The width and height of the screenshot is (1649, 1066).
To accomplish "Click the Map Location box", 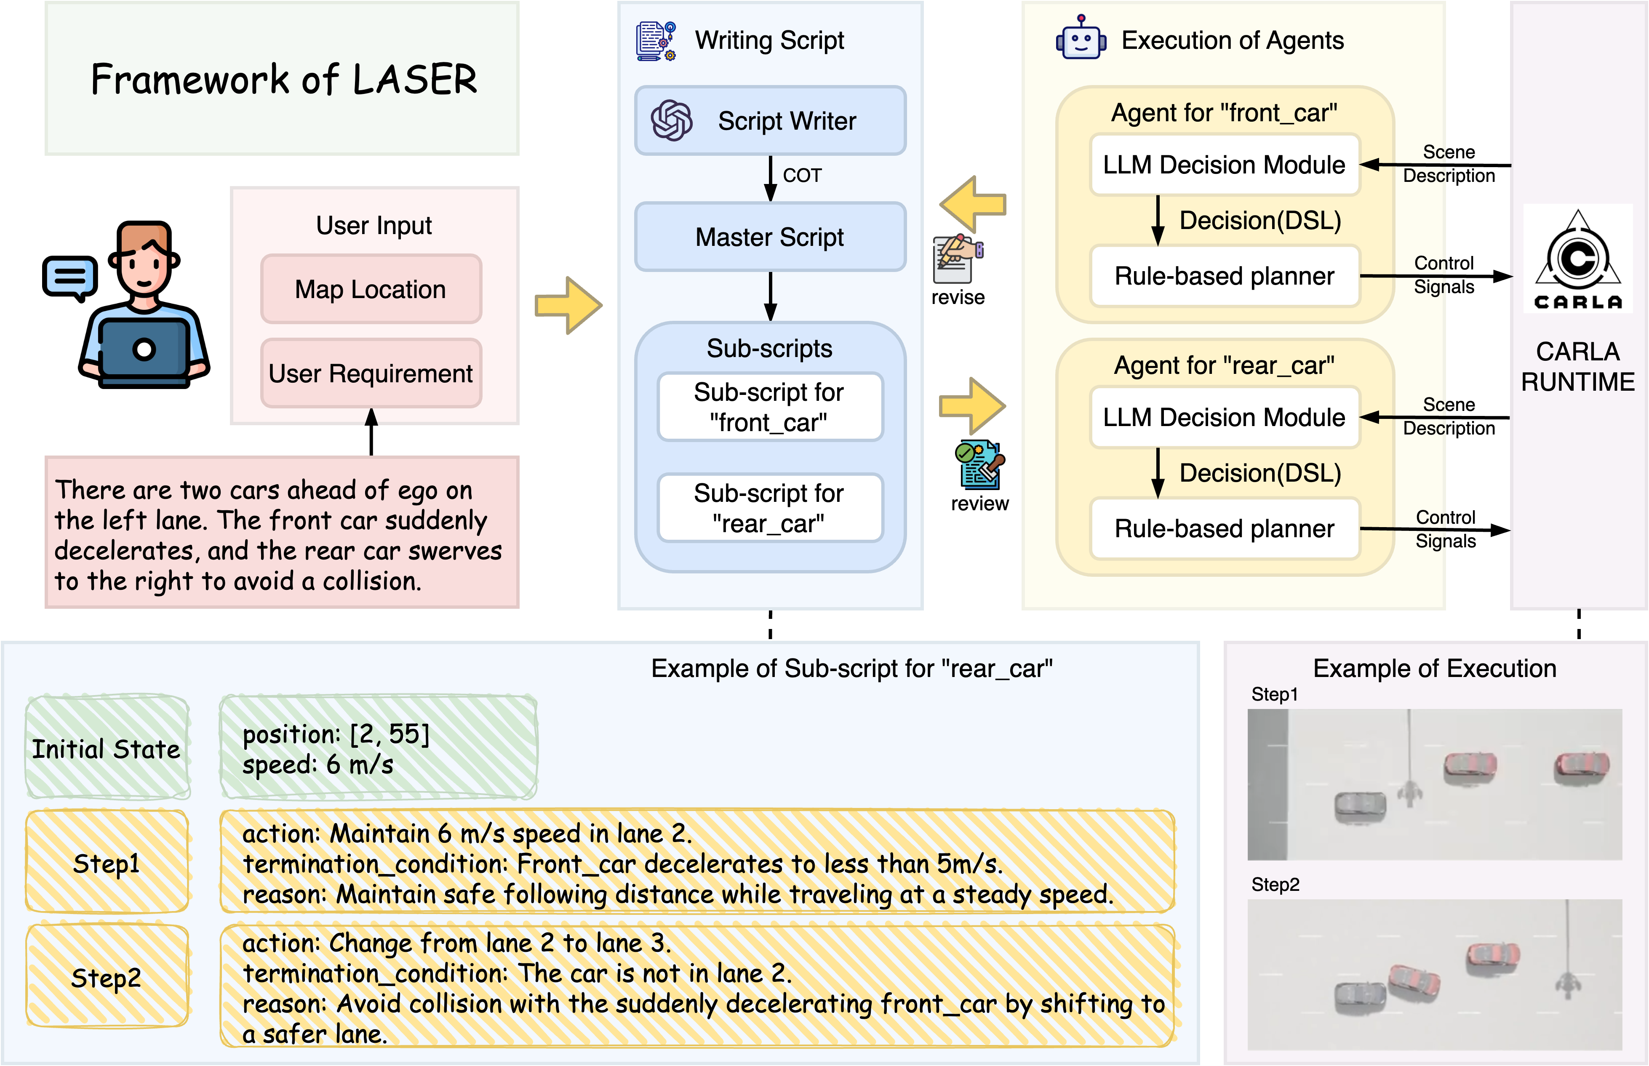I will (x=371, y=289).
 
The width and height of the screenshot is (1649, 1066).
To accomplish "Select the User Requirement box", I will (x=371, y=374).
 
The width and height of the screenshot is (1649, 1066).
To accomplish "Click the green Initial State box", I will (x=107, y=748).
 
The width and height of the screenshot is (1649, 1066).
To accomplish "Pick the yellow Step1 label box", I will (x=107, y=863).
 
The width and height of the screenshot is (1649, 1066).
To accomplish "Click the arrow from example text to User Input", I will (x=372, y=433).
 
